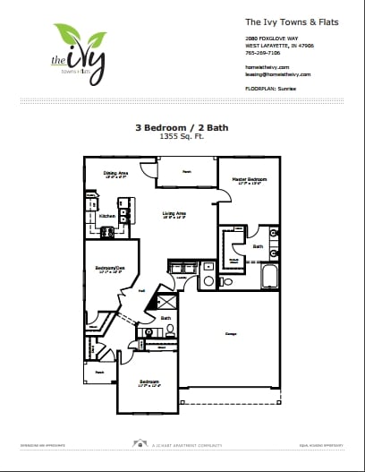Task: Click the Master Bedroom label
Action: [246, 180]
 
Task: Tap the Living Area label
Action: [174, 213]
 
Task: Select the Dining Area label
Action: [116, 173]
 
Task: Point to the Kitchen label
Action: [107, 216]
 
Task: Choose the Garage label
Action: [230, 334]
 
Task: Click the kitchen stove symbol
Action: [107, 232]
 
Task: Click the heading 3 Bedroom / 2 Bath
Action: [182, 129]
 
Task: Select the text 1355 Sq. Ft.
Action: [182, 139]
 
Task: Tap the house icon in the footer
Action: [140, 442]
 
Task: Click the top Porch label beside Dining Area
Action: [187, 170]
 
